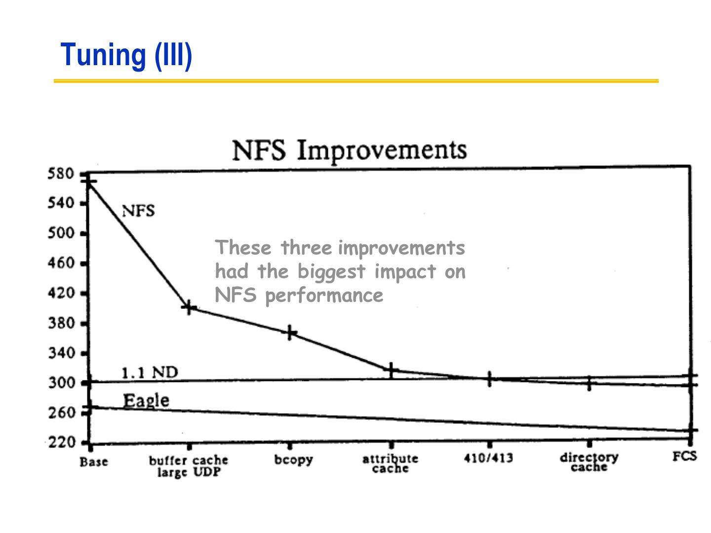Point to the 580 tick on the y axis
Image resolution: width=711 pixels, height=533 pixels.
tap(61, 174)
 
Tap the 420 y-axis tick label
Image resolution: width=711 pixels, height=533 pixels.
tap(61, 293)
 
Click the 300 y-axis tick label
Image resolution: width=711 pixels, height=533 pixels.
tap(61, 383)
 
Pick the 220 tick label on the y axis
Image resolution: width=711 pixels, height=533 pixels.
tap(61, 442)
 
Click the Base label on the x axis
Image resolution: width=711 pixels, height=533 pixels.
tap(94, 462)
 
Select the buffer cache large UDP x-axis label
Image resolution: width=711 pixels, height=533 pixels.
tap(189, 466)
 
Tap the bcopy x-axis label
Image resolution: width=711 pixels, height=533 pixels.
tap(294, 459)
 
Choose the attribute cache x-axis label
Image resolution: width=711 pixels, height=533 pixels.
tap(391, 463)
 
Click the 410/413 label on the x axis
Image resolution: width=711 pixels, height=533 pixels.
tap(488, 458)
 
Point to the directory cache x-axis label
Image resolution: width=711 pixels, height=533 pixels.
tap(589, 461)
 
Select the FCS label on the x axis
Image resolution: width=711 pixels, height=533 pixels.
tap(684, 457)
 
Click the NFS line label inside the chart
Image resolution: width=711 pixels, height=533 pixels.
tap(138, 211)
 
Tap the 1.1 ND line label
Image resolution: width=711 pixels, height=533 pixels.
tap(150, 372)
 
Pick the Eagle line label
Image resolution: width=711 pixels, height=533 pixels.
tap(146, 400)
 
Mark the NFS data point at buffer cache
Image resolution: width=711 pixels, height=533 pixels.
tap(189, 308)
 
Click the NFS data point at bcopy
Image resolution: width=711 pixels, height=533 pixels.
tap(290, 333)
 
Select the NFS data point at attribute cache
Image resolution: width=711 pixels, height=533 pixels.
tap(391, 370)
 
